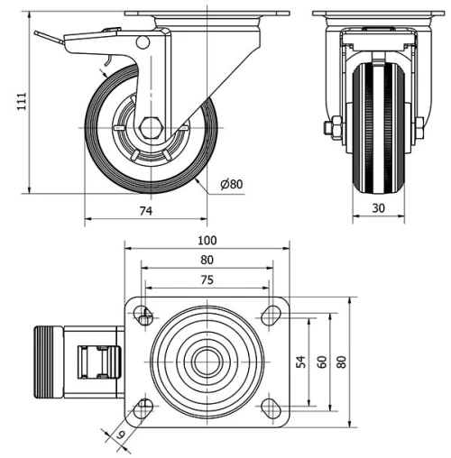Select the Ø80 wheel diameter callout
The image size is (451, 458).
pos(232,185)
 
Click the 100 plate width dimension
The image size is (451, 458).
pos(207,241)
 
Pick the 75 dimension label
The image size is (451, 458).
pos(207,280)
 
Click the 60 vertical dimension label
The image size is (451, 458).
pos(322,361)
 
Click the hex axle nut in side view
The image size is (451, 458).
pos(150,128)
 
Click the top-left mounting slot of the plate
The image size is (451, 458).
pos(144,315)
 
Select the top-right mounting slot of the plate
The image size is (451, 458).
pos(268,315)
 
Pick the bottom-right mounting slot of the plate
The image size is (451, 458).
pos(268,407)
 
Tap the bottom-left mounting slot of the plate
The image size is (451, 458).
pos(144,407)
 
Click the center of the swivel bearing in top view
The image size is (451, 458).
pos(207,361)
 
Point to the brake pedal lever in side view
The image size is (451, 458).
pos(54,38)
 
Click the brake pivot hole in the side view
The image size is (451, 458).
pos(142,42)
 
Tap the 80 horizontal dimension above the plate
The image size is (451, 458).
pos(207,261)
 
